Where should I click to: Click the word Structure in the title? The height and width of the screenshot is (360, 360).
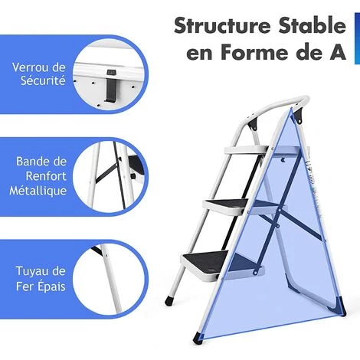pos(222,25)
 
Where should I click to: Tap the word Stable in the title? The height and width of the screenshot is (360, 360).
pos(313,25)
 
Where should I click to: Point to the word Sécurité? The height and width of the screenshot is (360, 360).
pos(43,80)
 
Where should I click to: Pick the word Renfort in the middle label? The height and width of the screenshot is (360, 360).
pos(46,176)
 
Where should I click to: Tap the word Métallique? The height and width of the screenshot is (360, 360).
pos(38,191)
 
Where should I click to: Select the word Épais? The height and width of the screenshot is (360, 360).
pos(51,286)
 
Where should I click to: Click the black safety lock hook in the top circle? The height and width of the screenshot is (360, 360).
pos(110,86)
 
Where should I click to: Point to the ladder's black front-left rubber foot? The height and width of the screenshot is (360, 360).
pos(169,300)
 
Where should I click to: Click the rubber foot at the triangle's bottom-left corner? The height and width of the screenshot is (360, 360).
pos(198,337)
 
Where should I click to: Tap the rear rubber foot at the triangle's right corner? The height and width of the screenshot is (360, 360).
pos(342,306)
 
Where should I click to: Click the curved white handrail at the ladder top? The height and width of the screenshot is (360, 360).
pos(277,106)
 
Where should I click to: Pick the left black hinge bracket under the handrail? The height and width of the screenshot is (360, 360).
pos(254,124)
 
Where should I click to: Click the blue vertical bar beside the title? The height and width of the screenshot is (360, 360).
pos(357,38)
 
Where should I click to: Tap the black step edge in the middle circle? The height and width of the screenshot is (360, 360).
pos(136,165)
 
